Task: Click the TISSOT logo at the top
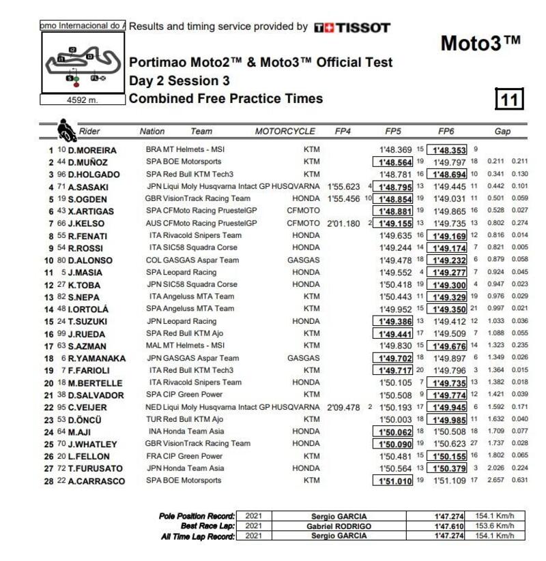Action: (x=352, y=28)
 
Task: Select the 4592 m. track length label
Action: (x=83, y=100)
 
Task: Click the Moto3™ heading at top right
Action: (x=481, y=43)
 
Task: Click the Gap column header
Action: (x=502, y=132)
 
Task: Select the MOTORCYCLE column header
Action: (x=285, y=132)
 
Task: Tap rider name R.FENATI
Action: (x=89, y=237)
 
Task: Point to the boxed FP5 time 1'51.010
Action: (x=393, y=481)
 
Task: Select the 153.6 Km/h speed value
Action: (x=495, y=526)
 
